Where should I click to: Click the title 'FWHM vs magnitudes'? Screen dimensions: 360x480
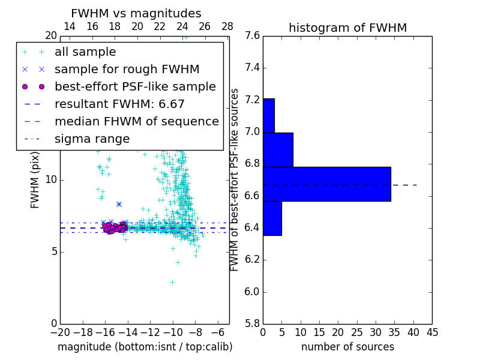point(136,13)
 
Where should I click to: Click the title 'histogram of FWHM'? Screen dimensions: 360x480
point(347,28)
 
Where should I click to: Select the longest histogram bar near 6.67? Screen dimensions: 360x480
point(326,184)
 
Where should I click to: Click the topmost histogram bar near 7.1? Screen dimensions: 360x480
point(268,115)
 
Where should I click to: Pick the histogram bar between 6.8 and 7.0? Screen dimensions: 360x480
point(278,149)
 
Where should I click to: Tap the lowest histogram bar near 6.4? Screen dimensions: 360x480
point(272,218)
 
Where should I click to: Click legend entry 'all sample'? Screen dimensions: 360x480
point(85,52)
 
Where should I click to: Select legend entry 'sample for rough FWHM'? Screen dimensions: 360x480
point(127,69)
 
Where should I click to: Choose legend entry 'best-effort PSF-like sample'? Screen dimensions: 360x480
point(135,86)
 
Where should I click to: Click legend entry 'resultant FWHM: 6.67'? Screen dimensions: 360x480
point(119,104)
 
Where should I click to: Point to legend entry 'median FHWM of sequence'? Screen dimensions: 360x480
point(136,121)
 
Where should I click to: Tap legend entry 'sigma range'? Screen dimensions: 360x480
point(92,139)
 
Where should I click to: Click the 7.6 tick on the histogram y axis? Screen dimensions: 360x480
point(253,36)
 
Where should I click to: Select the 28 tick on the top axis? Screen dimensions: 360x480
point(227,26)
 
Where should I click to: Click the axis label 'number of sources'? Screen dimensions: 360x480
point(347,347)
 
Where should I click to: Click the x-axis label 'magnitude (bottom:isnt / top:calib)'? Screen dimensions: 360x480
point(145,347)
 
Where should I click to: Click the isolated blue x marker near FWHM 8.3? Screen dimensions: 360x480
point(119,204)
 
